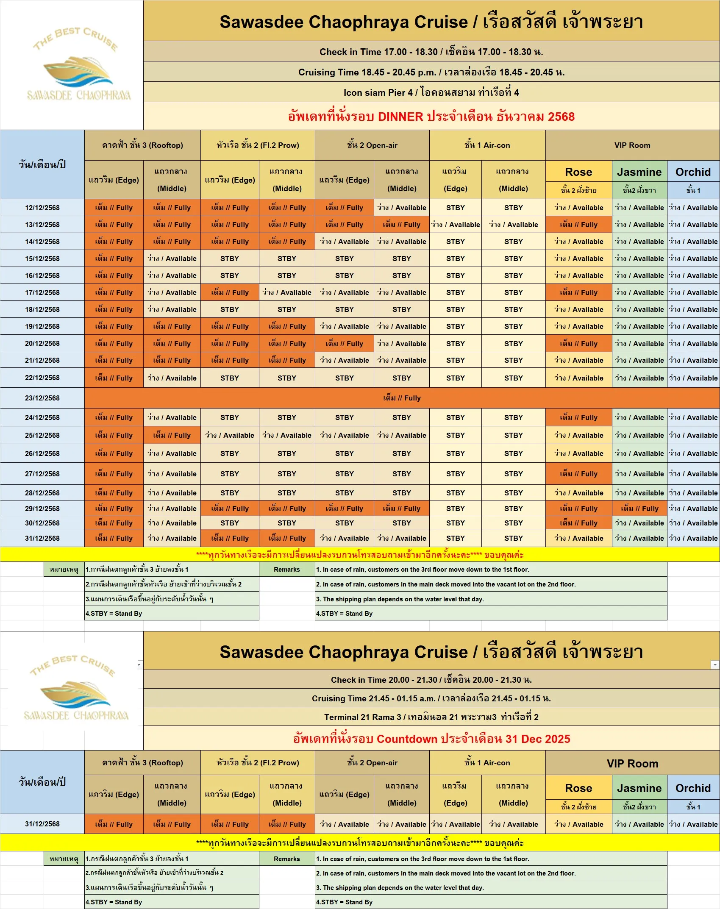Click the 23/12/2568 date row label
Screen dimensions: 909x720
(x=42, y=398)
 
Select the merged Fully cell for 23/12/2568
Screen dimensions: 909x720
(x=402, y=398)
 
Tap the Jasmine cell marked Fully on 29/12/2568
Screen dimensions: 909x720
(x=639, y=509)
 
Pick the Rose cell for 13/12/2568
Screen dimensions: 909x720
(x=578, y=225)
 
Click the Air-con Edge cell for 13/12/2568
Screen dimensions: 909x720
(x=456, y=225)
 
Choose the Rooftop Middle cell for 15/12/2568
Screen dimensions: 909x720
(x=172, y=259)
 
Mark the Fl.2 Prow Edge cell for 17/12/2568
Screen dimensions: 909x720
(x=230, y=292)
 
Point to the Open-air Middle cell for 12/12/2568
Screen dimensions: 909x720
(x=402, y=208)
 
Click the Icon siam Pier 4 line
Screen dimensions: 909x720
(x=431, y=92)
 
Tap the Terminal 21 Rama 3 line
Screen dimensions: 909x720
(x=431, y=717)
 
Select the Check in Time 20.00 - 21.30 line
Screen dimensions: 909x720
(x=431, y=680)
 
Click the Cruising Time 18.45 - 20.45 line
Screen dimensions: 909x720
(x=431, y=72)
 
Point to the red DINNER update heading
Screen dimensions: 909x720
(x=431, y=117)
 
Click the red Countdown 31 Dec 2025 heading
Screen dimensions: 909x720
(x=431, y=739)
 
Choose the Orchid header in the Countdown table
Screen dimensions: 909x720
(x=693, y=788)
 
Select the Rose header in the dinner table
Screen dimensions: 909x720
(x=578, y=172)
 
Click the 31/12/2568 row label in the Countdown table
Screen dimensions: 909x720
(x=42, y=824)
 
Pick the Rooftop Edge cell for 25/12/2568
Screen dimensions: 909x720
(x=114, y=435)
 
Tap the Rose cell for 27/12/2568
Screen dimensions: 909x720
(x=578, y=474)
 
